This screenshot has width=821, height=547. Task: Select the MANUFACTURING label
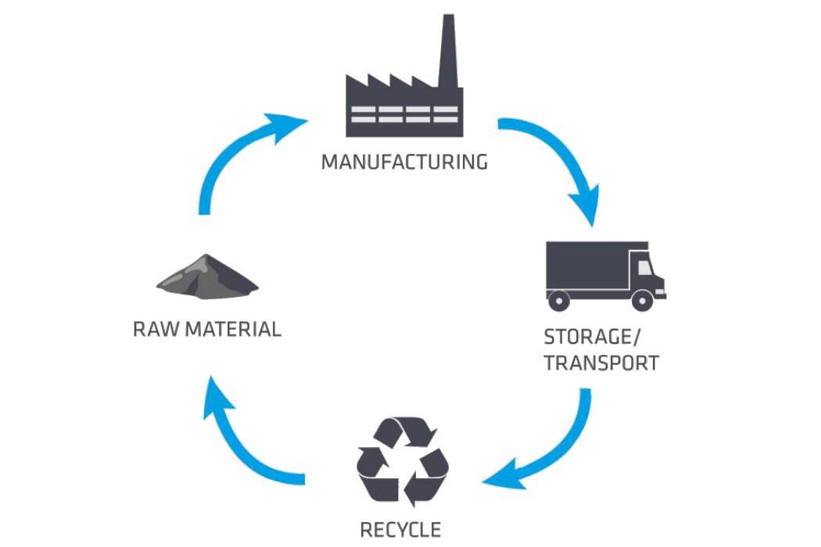coord(404,162)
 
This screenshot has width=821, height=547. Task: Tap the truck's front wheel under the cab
coord(642,299)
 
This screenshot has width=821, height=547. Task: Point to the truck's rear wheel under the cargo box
coord(558,299)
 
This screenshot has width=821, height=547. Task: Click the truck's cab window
coord(644,267)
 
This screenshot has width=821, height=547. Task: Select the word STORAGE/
coord(592,337)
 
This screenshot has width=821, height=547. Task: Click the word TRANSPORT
coord(601,363)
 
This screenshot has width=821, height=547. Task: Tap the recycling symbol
coord(403,461)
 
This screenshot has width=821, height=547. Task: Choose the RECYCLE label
coord(400,529)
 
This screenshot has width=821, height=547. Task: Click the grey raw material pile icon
coord(207,277)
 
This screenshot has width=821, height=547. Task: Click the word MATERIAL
coord(233,329)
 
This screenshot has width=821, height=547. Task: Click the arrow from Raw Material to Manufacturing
coord(235,156)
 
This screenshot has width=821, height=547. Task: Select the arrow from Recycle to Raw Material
coord(242,445)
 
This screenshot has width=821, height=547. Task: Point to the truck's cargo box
coord(586,266)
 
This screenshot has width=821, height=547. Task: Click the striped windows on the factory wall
coord(403,114)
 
